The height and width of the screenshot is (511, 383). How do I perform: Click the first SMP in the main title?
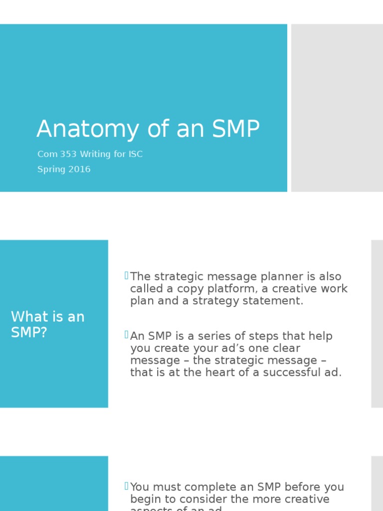(x=236, y=129)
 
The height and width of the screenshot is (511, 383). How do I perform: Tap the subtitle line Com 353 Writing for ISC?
(x=90, y=154)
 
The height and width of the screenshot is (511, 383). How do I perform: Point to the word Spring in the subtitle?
(x=49, y=169)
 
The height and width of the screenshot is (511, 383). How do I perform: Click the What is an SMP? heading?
(x=48, y=324)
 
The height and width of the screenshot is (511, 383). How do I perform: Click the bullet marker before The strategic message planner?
(x=127, y=275)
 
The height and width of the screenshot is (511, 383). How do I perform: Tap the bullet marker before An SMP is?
(x=127, y=334)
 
